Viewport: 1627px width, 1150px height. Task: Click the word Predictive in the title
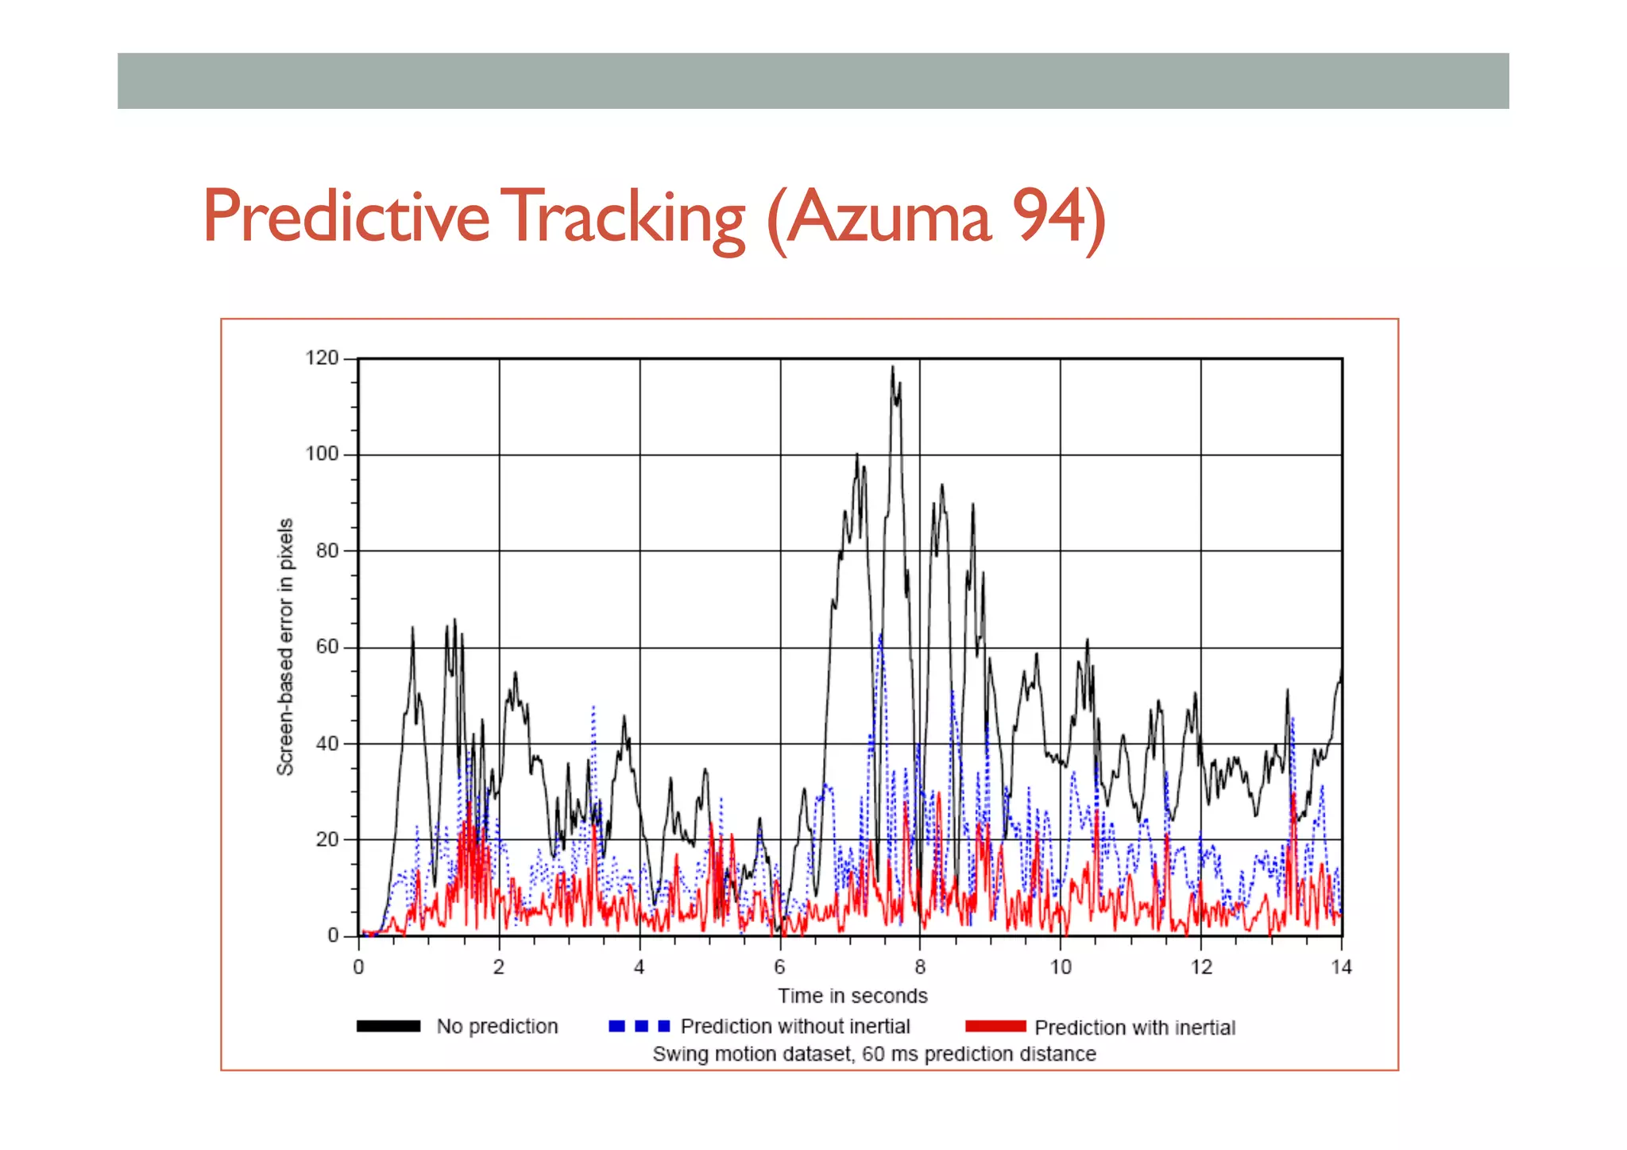pos(346,216)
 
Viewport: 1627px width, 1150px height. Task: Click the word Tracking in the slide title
pos(626,216)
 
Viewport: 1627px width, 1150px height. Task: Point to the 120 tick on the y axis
pos(322,358)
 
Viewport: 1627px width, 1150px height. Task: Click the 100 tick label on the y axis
pos(322,455)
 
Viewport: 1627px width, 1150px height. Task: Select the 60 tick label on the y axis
pos(327,647)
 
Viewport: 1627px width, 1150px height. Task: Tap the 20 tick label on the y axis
pos(327,839)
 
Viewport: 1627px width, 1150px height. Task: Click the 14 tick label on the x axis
pos(1342,967)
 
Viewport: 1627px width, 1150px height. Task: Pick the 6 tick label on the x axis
pos(779,967)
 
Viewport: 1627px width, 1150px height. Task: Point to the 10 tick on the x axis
pos(1061,967)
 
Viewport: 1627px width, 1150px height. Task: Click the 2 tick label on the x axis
pos(498,967)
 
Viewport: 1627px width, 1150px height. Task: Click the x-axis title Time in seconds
pos(852,996)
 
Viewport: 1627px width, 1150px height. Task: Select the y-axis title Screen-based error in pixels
pos(285,646)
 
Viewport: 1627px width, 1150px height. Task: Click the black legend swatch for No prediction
pos(388,1026)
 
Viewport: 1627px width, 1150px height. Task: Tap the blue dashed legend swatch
pos(640,1026)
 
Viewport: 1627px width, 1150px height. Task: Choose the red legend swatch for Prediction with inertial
pos(995,1026)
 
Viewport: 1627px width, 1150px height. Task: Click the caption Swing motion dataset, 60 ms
pos(874,1054)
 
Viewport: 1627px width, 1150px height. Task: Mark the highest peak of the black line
pos(892,368)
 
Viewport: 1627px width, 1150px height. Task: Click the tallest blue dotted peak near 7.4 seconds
pos(880,636)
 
